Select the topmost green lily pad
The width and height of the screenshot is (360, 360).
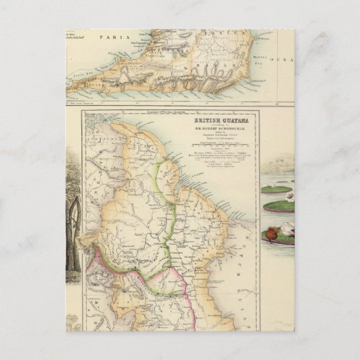[x=276, y=190]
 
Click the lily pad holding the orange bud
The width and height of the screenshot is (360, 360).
[x=278, y=240]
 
